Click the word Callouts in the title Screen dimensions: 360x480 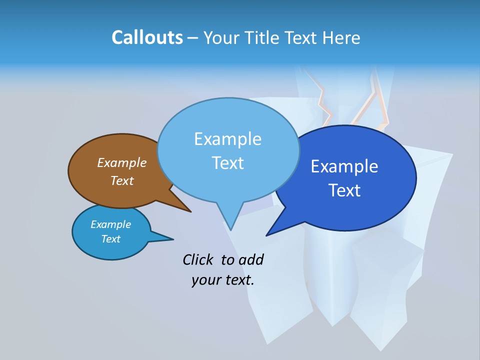tap(147, 37)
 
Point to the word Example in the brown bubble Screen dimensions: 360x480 tap(122, 162)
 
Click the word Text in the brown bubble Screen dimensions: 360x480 tap(122, 180)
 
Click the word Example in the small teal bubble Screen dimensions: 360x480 tap(110, 224)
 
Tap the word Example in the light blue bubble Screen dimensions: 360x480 tap(228, 139)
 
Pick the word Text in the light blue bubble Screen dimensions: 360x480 tap(228, 163)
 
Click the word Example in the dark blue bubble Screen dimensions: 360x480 tap(344, 166)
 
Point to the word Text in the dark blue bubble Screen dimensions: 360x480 tap(344, 190)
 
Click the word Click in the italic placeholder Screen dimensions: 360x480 tap(198, 259)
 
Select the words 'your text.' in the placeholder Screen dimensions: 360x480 tap(223, 280)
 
